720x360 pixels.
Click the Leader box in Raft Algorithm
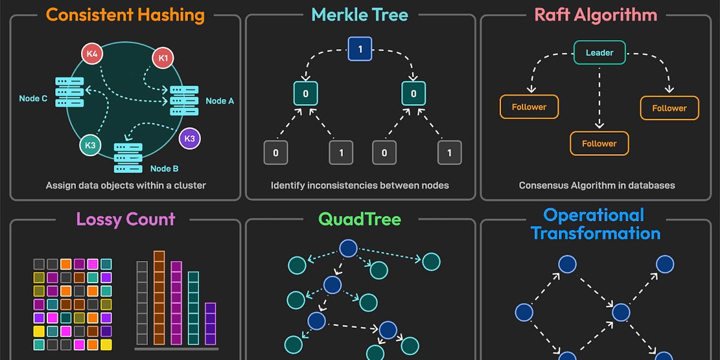(x=599, y=53)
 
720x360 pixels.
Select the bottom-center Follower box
(x=599, y=143)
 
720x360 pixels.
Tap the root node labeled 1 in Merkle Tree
(x=360, y=50)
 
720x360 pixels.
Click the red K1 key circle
(x=162, y=58)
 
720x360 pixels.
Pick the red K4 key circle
(x=92, y=54)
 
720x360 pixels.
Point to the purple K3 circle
(x=190, y=138)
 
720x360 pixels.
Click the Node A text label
(x=220, y=101)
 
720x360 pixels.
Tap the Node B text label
(x=164, y=169)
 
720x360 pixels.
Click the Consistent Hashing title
(x=125, y=14)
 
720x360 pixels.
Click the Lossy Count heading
(x=125, y=218)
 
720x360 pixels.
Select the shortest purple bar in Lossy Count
(x=210, y=323)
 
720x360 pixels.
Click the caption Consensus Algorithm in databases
(x=596, y=185)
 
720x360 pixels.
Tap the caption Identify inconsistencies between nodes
(x=359, y=185)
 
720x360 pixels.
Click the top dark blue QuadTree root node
(x=348, y=248)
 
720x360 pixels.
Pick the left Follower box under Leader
(x=529, y=107)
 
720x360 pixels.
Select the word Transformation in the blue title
(x=596, y=233)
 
